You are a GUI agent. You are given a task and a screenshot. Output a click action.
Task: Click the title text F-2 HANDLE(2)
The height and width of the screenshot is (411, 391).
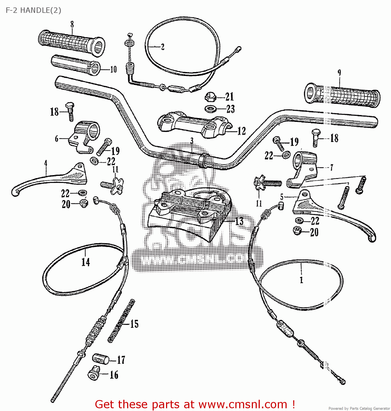33,10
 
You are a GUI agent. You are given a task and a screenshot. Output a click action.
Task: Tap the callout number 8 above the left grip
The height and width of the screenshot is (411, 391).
72,24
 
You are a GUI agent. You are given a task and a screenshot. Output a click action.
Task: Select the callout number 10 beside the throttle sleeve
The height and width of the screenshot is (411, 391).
113,70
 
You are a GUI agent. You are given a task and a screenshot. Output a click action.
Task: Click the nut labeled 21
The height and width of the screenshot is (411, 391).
210,97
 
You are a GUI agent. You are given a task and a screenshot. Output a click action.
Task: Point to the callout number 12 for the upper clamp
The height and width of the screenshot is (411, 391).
241,131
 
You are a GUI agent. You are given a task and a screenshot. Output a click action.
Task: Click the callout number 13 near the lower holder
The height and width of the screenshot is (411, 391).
239,221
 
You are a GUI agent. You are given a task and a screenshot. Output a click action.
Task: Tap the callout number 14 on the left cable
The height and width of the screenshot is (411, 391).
85,262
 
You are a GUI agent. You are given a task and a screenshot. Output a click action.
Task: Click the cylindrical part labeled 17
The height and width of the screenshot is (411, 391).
100,359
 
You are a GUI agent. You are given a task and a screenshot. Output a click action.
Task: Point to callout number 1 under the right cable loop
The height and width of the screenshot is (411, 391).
301,280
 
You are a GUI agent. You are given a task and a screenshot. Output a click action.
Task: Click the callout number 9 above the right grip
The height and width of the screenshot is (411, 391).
339,73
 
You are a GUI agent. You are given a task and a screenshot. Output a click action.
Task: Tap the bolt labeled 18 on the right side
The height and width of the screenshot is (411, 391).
316,138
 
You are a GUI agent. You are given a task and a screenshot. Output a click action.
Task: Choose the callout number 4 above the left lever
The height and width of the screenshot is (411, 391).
46,164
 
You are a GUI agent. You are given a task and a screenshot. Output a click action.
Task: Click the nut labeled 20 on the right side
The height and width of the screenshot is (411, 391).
297,231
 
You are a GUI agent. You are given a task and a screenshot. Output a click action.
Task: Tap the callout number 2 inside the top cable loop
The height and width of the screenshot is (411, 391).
162,47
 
